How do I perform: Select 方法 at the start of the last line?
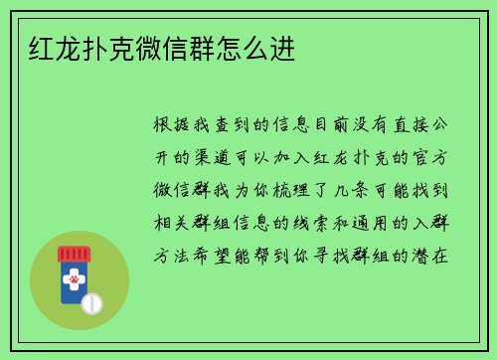pos(165,256)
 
